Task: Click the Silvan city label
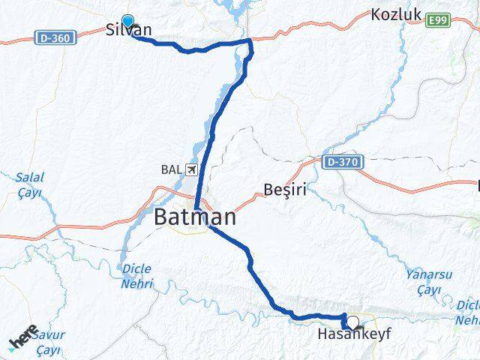coord(129,31)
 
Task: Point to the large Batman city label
coord(195,218)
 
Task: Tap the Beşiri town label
coord(285,190)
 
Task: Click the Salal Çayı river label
coord(30,184)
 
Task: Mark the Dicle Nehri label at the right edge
coord(468,310)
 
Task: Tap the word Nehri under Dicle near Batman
coord(139,283)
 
